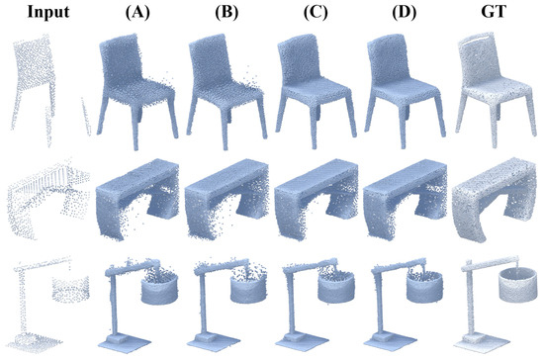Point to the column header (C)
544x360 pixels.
310,13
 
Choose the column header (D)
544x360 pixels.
401,13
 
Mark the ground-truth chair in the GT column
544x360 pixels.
492,89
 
